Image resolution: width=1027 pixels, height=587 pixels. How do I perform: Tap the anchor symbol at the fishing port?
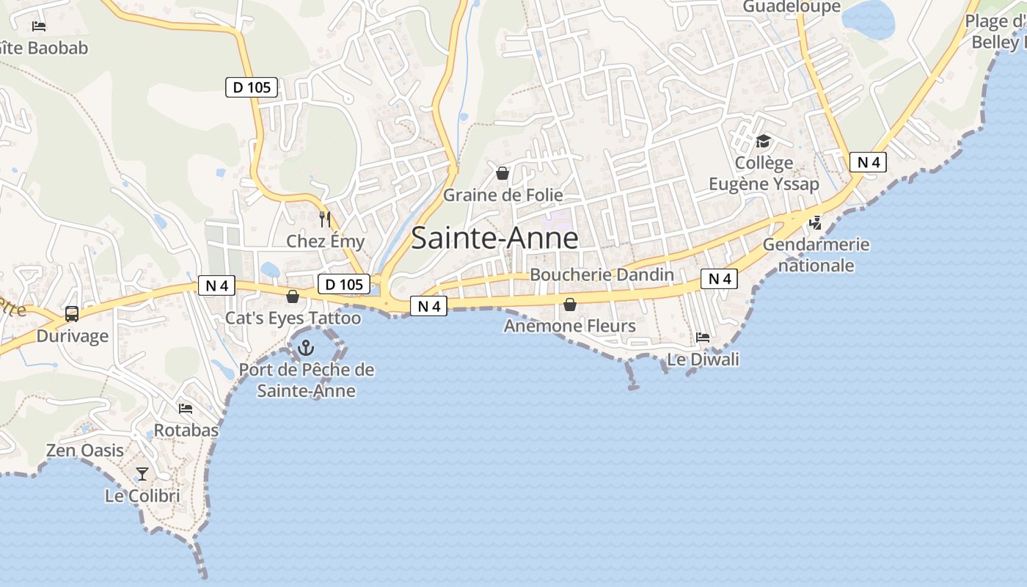tap(305, 349)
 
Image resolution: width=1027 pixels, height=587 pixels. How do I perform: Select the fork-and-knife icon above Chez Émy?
tap(325, 219)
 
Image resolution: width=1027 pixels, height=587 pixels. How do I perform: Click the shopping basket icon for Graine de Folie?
tap(502, 173)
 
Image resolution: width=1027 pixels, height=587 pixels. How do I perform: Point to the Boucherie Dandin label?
tap(602, 275)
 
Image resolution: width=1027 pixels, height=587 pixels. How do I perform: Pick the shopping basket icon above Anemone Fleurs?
tap(570, 304)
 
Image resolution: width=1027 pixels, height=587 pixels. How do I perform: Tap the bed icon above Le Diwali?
tap(703, 338)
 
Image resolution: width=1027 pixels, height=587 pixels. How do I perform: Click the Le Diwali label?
tap(703, 360)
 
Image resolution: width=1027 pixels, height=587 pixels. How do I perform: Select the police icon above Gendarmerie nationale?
tap(815, 222)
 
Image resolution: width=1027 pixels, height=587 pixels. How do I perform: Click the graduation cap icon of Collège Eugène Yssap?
tap(764, 141)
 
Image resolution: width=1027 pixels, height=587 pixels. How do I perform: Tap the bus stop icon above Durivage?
tap(72, 314)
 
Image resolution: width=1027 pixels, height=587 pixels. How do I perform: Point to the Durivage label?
tap(73, 336)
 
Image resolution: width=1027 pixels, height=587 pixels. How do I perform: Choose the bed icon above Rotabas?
tap(186, 408)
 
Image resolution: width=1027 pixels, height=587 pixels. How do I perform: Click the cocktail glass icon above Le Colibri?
tap(142, 474)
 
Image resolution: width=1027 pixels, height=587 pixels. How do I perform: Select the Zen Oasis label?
tap(85, 451)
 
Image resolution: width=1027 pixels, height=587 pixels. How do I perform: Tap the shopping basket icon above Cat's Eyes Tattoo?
tap(293, 296)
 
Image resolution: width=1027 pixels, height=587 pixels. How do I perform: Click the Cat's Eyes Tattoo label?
tap(293, 318)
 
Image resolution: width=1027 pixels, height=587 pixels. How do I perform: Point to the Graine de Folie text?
tap(503, 195)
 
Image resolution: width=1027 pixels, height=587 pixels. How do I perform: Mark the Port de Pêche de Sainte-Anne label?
tap(307, 380)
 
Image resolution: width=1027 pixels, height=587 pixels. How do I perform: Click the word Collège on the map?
tap(764, 163)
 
